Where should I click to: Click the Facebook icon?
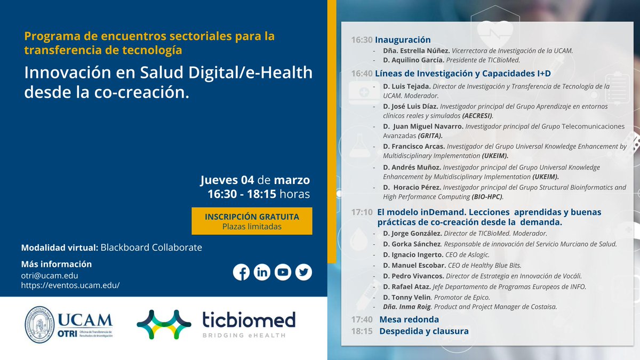[x=241, y=272]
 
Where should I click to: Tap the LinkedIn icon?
[x=262, y=272]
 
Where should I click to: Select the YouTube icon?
[x=283, y=272]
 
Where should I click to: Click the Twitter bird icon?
[x=303, y=272]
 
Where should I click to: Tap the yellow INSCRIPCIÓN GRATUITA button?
[x=252, y=221]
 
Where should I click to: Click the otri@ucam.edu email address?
[x=50, y=275]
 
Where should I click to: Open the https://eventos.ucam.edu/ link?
[x=70, y=285]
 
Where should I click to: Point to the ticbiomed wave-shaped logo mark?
[x=164, y=324]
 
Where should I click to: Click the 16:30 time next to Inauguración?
[x=362, y=40]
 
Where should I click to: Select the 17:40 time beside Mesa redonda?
[x=362, y=319]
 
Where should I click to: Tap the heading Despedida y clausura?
[x=423, y=331]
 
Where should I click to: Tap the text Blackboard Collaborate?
[x=151, y=247]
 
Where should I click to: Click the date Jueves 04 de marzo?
[x=254, y=180]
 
